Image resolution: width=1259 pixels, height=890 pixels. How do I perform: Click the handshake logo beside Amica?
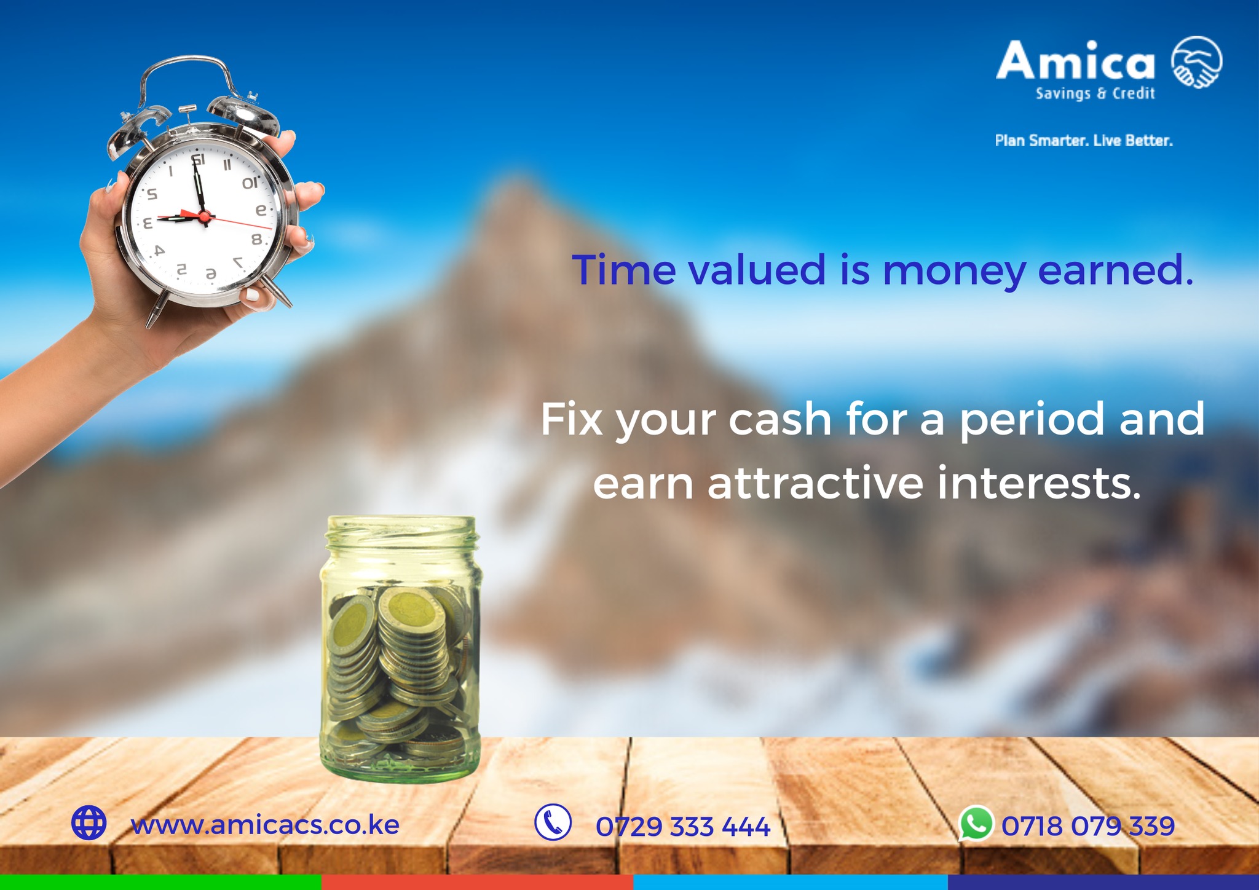[x=1196, y=62]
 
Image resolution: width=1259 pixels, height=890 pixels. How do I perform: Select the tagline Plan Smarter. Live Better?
[x=1084, y=141]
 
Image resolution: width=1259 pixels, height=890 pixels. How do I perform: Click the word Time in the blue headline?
[x=624, y=270]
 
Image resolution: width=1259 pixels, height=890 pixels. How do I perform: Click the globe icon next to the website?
[x=89, y=822]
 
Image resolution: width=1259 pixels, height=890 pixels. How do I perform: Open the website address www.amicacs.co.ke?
[x=265, y=825]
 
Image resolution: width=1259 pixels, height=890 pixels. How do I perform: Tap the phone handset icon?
[x=553, y=822]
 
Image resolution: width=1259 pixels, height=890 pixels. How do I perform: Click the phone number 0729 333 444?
[x=682, y=827]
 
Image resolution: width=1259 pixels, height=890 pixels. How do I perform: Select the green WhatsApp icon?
[x=976, y=823]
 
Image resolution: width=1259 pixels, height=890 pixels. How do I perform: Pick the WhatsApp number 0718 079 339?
[x=1088, y=826]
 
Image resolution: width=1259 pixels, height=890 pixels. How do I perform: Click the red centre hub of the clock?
[x=205, y=216]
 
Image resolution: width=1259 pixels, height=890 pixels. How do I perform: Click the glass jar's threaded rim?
[x=401, y=532]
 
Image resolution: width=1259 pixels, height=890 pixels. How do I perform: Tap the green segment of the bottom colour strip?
[x=160, y=883]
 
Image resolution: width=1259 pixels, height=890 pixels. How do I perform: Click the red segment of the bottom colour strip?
[x=477, y=883]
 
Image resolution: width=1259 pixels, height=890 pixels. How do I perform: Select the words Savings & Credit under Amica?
[x=1095, y=93]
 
